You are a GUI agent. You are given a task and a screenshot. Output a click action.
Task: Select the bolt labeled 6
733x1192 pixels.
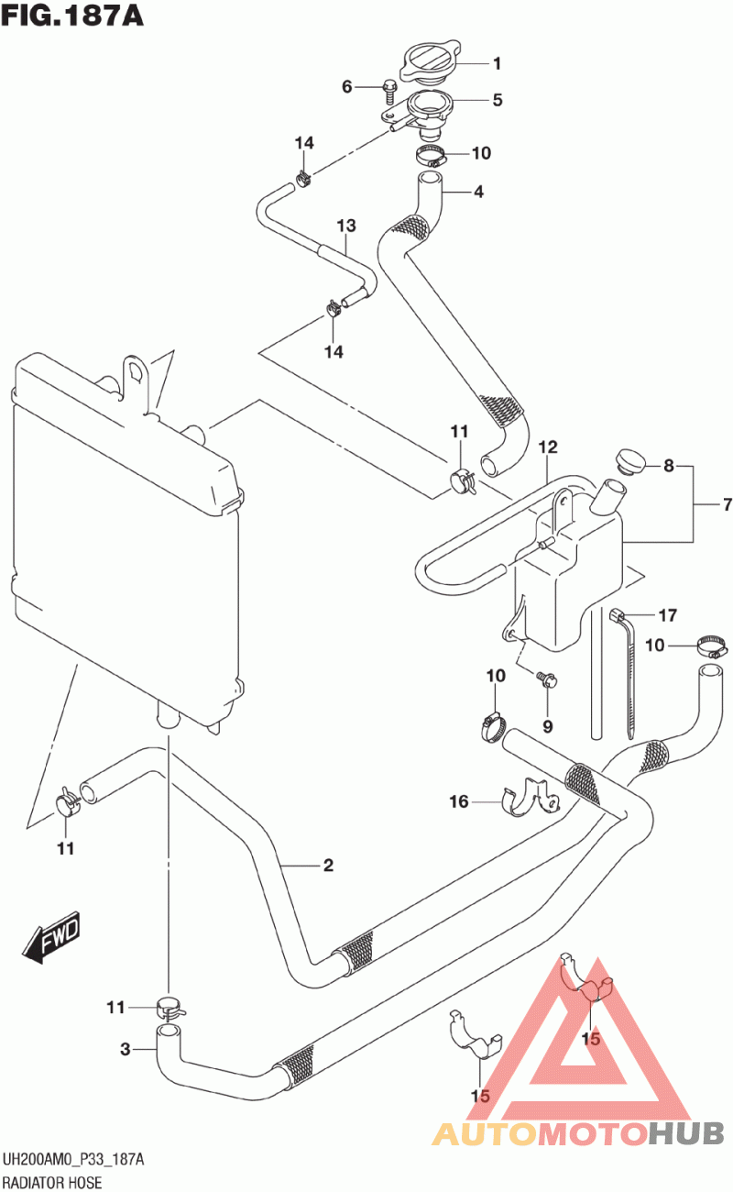click(x=388, y=90)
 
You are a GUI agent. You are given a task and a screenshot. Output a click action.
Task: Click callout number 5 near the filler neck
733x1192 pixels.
click(x=498, y=100)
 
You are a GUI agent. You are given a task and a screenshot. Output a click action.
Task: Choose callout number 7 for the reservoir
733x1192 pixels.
click(x=703, y=505)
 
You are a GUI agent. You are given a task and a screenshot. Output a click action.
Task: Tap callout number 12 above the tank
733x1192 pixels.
click(x=548, y=447)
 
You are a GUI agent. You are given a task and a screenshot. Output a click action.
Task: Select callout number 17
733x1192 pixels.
click(x=666, y=614)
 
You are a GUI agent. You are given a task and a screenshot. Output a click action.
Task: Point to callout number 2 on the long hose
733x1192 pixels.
click(x=327, y=865)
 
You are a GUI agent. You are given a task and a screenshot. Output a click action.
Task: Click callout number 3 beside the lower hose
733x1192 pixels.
click(x=126, y=1049)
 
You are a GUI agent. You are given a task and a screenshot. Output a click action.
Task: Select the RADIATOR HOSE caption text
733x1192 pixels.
click(x=51, y=1182)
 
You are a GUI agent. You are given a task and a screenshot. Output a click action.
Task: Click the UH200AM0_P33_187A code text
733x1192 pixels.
click(x=73, y=1161)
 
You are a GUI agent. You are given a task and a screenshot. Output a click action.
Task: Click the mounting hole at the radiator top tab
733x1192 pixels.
click(x=137, y=372)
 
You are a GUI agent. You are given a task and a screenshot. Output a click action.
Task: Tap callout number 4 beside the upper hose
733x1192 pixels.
click(x=478, y=193)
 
